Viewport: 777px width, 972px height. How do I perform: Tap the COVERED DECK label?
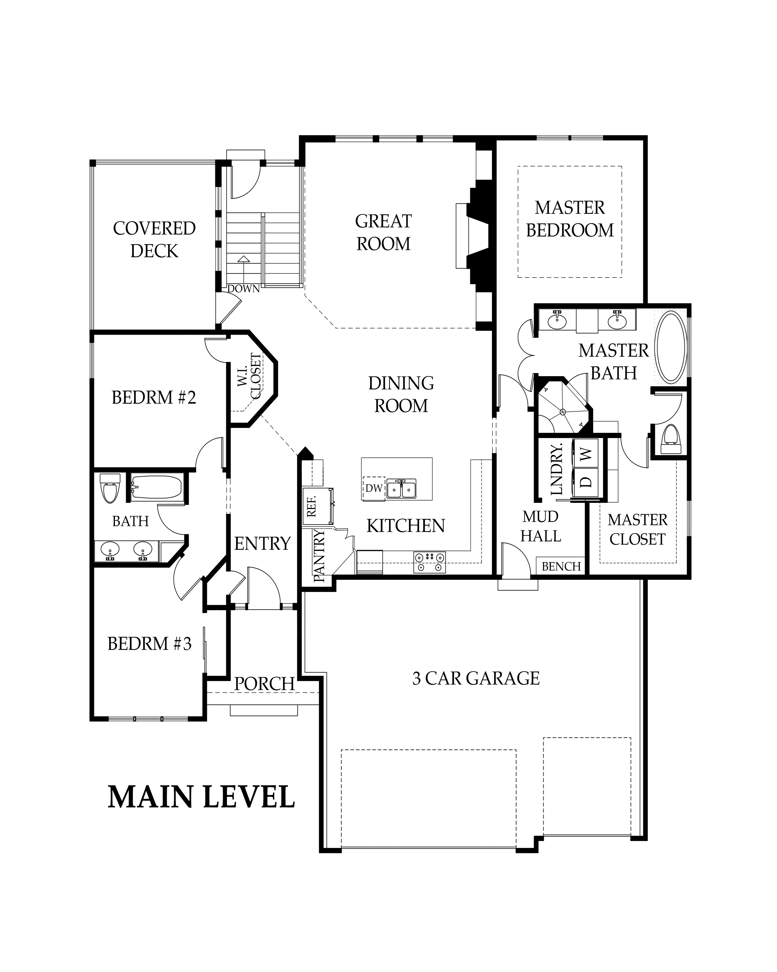(154, 240)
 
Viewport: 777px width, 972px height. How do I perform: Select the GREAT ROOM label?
(383, 233)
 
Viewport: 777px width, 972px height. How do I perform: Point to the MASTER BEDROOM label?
(570, 219)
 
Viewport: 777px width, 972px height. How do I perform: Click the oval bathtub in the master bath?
(671, 348)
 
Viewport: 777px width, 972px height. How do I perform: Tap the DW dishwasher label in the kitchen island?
(374, 488)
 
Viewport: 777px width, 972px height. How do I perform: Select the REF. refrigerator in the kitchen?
(317, 506)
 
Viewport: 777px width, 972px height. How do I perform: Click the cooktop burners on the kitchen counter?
(430, 562)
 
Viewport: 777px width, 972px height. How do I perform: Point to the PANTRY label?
(319, 555)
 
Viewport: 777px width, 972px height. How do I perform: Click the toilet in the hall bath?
(109, 488)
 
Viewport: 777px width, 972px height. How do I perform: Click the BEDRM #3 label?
(150, 644)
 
